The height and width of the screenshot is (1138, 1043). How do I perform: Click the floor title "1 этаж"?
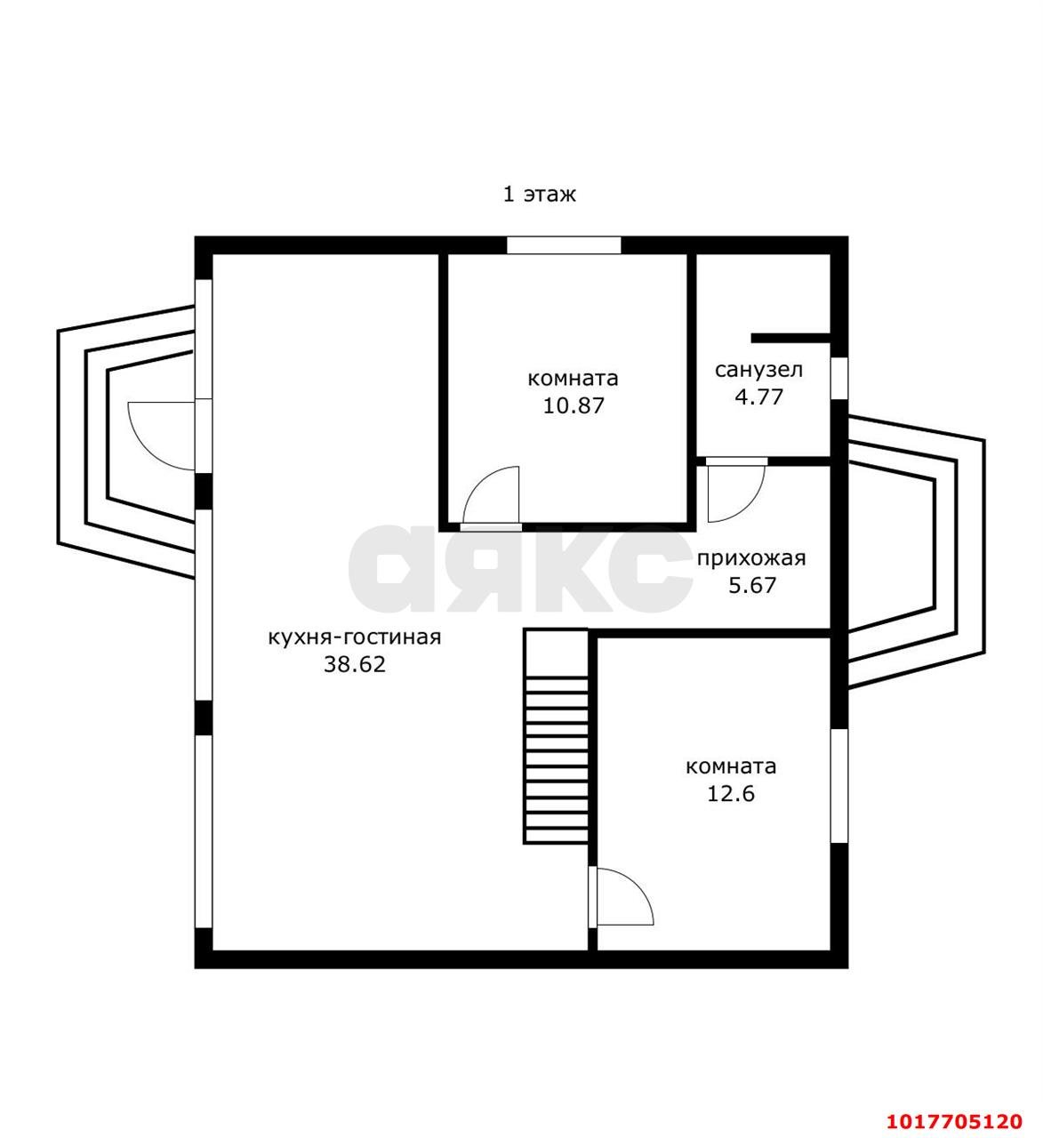[539, 195]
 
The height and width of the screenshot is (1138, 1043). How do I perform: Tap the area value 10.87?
[574, 405]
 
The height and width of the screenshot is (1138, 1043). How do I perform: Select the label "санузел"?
[758, 370]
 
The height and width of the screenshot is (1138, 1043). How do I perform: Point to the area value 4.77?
[758, 397]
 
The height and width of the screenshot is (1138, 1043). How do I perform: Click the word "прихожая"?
[751, 559]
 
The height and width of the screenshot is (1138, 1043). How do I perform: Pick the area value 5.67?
[752, 585]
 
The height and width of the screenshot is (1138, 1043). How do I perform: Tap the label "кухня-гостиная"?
[354, 637]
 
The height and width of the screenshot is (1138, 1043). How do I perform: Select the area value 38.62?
[355, 664]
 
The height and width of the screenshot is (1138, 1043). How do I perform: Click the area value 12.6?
[731, 794]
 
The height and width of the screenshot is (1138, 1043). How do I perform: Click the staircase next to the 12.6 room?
[556, 736]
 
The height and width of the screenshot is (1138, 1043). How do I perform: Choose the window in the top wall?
[564, 245]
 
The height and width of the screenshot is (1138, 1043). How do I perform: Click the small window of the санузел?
[839, 379]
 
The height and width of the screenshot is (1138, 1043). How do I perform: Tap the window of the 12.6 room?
[839, 785]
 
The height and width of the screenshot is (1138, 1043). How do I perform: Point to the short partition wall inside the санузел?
[791, 338]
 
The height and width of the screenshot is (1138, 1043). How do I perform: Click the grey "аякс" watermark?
[520, 568]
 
